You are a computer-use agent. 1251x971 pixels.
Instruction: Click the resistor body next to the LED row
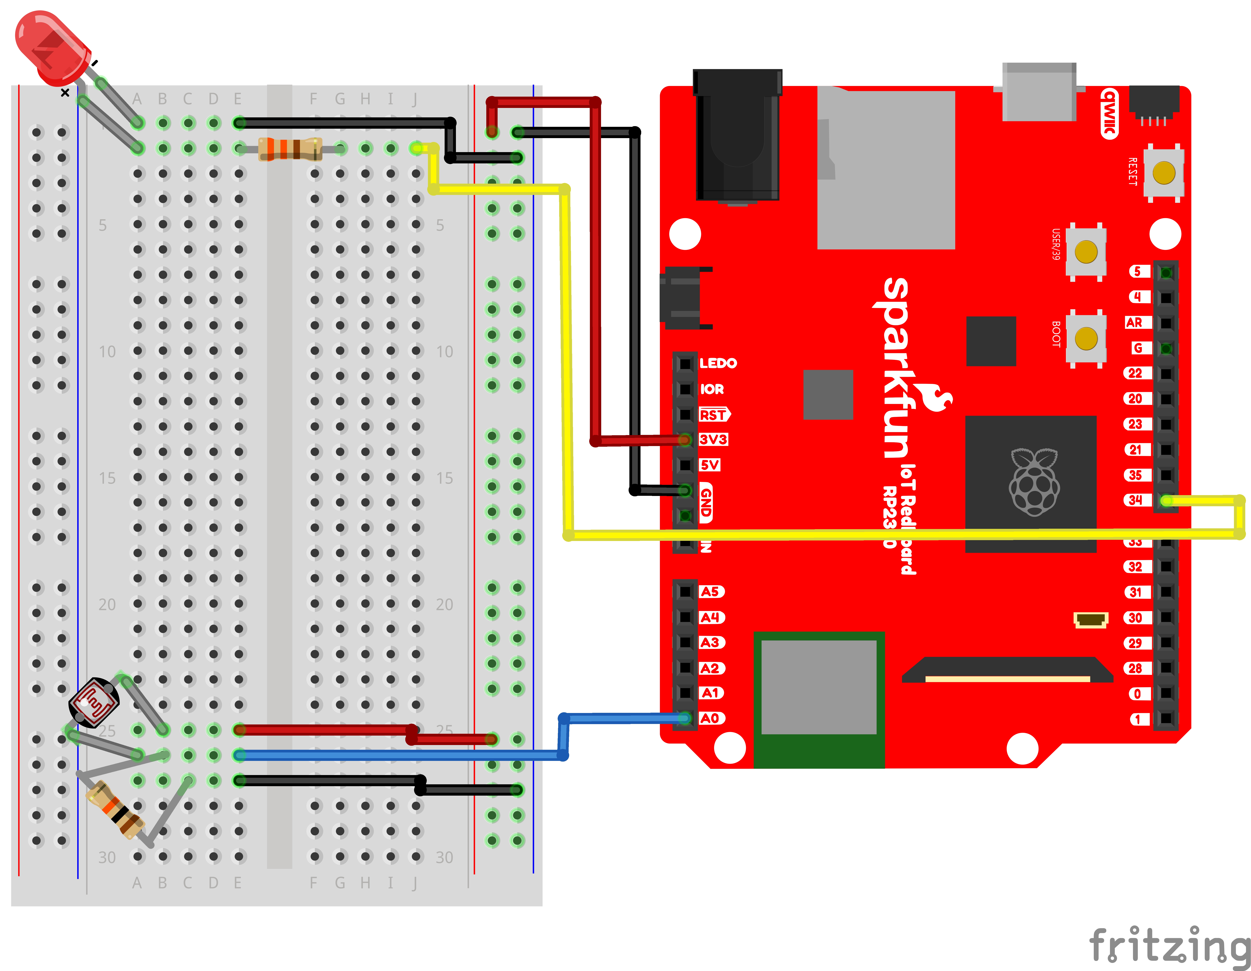[x=289, y=149]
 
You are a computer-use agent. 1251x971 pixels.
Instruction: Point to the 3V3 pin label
[x=713, y=439]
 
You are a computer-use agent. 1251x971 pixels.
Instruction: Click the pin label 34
[x=1135, y=500]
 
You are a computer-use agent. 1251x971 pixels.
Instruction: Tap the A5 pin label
[x=710, y=591]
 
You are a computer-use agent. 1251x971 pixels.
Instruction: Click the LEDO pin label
[x=718, y=363]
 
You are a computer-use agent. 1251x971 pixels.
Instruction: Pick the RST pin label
[x=713, y=415]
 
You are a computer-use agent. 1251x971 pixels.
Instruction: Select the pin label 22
[x=1135, y=373]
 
